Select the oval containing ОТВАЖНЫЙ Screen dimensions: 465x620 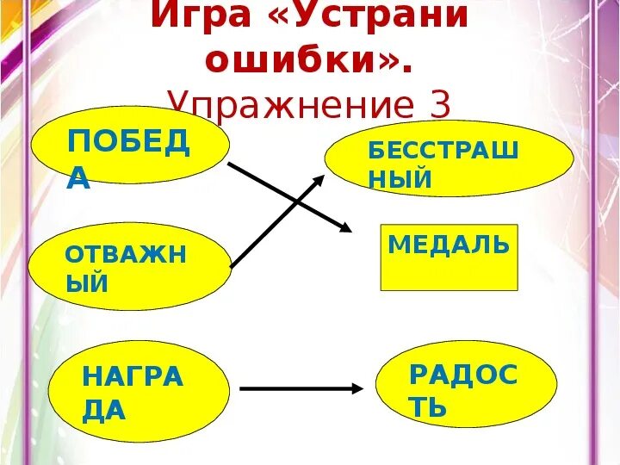(129, 267)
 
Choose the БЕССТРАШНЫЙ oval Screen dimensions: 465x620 (449, 159)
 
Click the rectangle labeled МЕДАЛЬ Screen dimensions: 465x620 (449, 257)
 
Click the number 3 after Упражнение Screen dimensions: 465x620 (439, 105)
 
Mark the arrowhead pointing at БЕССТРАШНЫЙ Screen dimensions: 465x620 (319, 178)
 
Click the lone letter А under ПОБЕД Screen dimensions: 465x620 (78, 177)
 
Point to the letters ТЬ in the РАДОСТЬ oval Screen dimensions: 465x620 (428, 406)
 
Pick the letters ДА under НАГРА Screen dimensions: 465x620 (104, 410)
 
